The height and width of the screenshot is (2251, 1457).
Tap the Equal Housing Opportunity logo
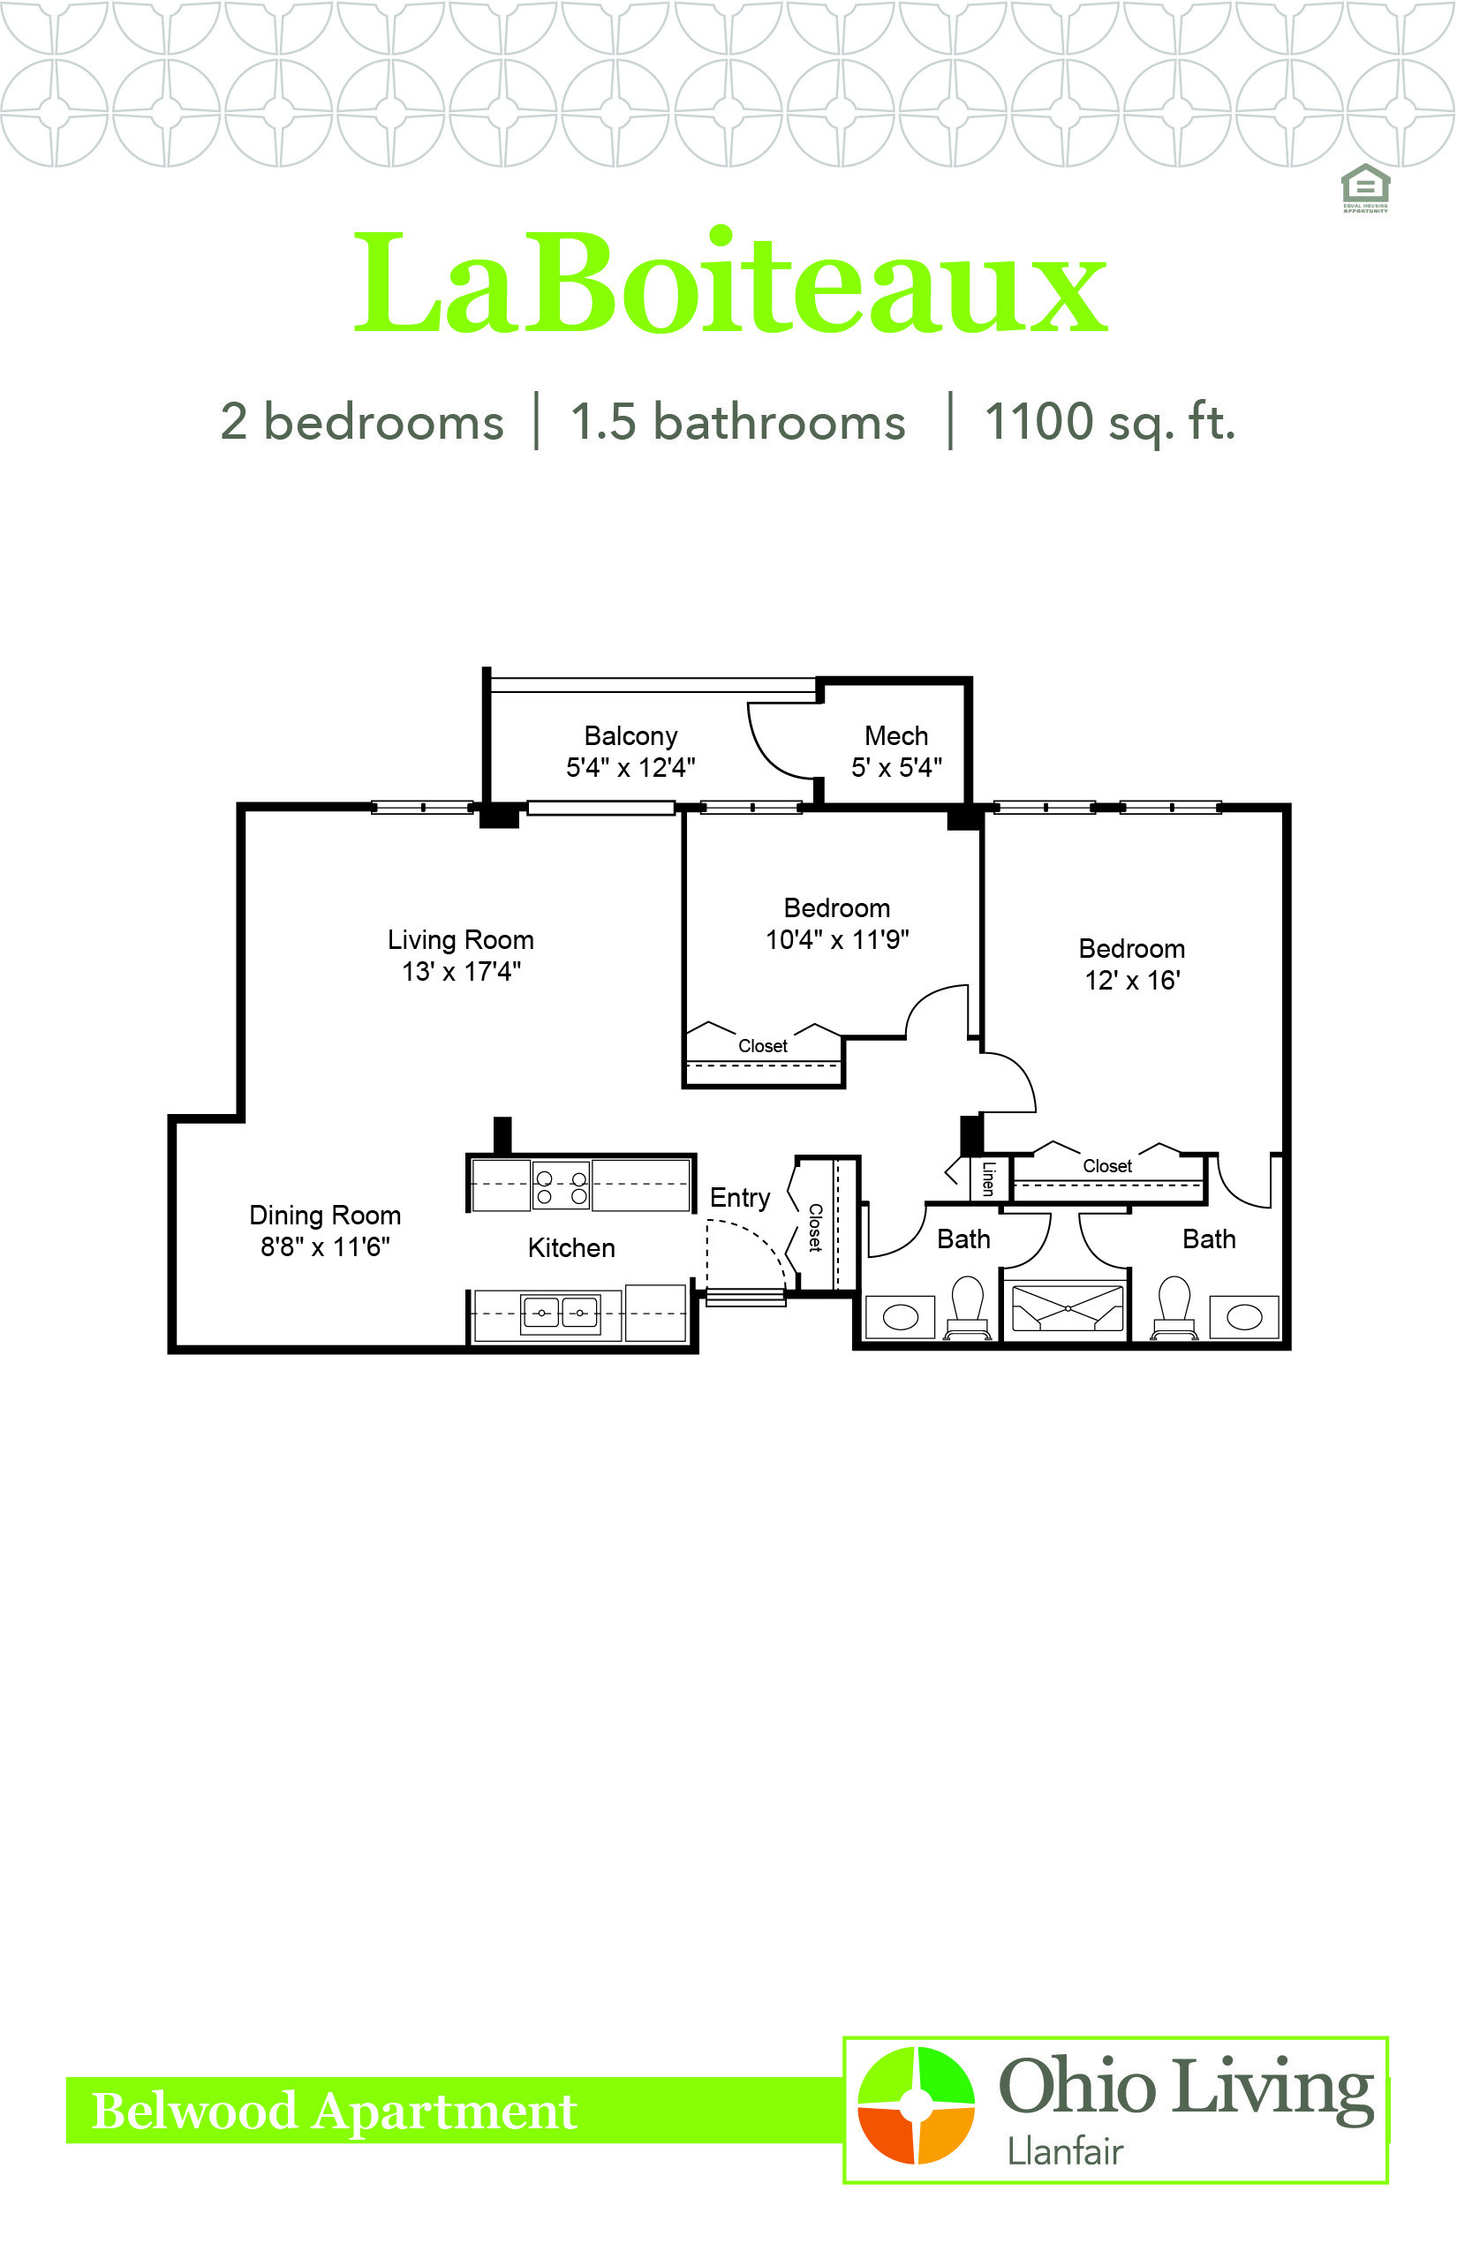pos(1365,188)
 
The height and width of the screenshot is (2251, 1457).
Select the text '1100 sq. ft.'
pos(1110,422)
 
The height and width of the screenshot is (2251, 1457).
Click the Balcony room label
pos(630,736)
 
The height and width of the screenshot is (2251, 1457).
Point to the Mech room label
pos(896,736)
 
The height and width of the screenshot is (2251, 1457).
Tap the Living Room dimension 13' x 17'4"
pos(461,971)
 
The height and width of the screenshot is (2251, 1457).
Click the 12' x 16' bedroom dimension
pos(1131,980)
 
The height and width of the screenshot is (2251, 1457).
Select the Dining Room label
pos(325,1216)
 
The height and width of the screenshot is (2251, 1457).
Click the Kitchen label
pos(571,1248)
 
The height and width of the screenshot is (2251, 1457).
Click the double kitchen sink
pos(560,1314)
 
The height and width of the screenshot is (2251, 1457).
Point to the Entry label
pos(740,1199)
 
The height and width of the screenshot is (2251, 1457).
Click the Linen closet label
pos(989,1178)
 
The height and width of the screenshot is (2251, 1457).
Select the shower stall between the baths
pos(1068,1309)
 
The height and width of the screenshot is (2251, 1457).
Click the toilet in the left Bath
pos(967,1308)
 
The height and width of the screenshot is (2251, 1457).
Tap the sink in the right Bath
pos(1244,1317)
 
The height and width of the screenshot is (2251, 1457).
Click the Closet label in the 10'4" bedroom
pos(763,1046)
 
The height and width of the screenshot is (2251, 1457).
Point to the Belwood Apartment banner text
pos(334,2111)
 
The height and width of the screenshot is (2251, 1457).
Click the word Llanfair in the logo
pos(1064,2152)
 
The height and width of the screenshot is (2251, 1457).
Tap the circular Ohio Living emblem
pos(915,2104)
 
